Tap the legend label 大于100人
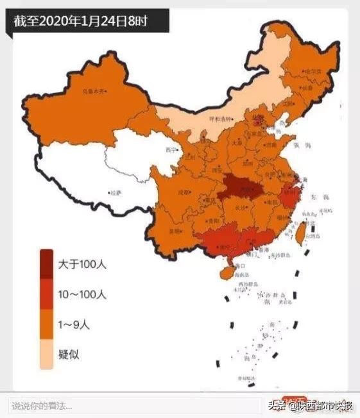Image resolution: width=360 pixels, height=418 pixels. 83,263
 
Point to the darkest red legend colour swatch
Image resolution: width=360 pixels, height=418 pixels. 47,264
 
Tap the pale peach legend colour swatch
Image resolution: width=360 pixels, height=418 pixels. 47,355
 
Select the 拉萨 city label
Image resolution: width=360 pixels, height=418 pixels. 115,191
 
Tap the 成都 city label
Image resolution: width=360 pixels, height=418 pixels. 185,192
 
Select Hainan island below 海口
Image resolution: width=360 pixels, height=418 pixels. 226,273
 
